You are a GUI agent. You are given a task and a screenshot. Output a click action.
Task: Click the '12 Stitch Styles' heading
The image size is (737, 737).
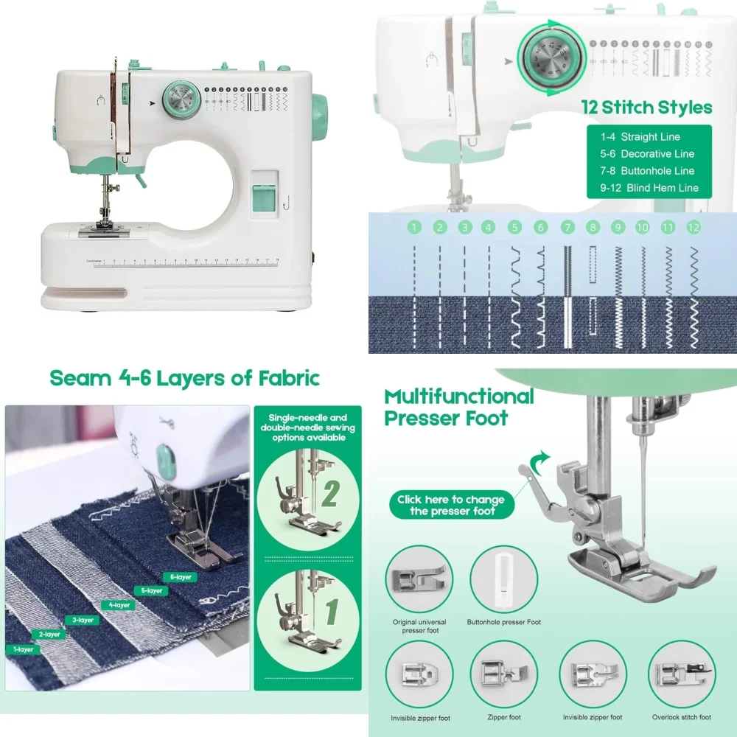pyautogui.click(x=647, y=108)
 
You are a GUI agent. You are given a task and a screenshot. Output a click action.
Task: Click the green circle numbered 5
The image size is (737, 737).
pyautogui.click(x=514, y=228)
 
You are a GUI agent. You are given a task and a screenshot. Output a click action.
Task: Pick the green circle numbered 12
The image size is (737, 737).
pyautogui.click(x=693, y=228)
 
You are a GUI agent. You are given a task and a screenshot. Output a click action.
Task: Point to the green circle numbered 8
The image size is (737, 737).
pyautogui.click(x=592, y=228)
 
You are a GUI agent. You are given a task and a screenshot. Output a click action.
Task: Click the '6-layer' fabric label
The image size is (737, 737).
pyautogui.click(x=181, y=577)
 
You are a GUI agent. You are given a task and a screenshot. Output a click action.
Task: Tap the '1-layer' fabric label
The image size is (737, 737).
pyautogui.click(x=23, y=649)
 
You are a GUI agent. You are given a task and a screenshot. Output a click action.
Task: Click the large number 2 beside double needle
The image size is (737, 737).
pyautogui.click(x=329, y=493)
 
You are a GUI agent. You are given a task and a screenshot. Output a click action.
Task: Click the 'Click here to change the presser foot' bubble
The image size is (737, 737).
pyautogui.click(x=450, y=505)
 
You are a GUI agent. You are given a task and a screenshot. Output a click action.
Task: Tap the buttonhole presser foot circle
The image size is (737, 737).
pyautogui.click(x=503, y=579)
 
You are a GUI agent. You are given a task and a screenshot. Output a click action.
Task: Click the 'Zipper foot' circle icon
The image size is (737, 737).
pyautogui.click(x=503, y=674)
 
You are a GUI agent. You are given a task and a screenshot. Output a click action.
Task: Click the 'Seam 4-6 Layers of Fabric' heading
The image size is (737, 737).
pyautogui.click(x=184, y=378)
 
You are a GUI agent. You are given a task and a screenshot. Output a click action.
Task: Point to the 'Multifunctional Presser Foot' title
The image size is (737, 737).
pyautogui.click(x=458, y=408)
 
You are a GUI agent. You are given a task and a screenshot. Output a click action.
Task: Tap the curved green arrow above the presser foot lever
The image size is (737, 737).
pyautogui.click(x=539, y=460)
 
